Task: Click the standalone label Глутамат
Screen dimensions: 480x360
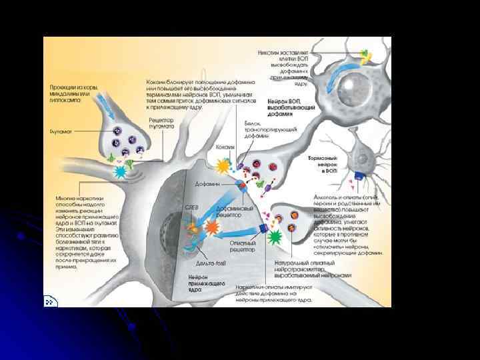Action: point(61,131)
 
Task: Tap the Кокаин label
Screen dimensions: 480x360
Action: point(224,147)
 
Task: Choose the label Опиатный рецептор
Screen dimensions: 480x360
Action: point(242,247)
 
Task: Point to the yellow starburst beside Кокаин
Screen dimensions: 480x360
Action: point(221,165)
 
